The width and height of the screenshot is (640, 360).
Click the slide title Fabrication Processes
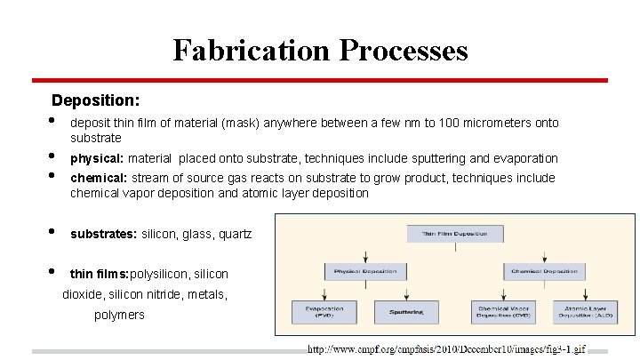point(320,50)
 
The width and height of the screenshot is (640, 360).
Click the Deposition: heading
point(95,100)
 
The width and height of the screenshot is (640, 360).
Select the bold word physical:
point(97,158)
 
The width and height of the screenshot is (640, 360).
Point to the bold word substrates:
point(103,234)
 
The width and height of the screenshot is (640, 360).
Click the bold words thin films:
point(100,274)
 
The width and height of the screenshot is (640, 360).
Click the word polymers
point(119,315)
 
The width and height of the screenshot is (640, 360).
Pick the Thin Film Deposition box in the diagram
point(455,234)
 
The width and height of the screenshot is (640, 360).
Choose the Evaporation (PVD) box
point(324,311)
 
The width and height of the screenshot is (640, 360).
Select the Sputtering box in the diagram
point(406,311)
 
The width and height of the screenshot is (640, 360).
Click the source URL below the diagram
point(447,349)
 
